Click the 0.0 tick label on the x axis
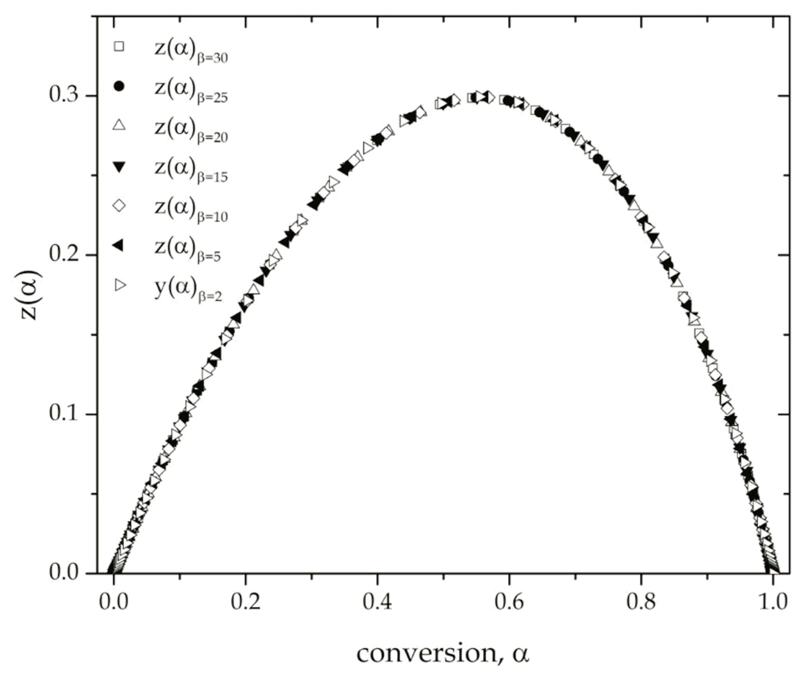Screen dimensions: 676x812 pyautogui.click(x=113, y=603)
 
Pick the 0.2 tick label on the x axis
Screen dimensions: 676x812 pyautogui.click(x=245, y=603)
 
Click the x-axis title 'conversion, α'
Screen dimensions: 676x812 pyautogui.click(x=443, y=653)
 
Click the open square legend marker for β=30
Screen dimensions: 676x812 pyautogui.click(x=119, y=47)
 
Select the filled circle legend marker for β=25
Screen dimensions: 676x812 pyautogui.click(x=119, y=87)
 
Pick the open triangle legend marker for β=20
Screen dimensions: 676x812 pyautogui.click(x=119, y=125)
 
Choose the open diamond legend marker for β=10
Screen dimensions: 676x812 pyautogui.click(x=119, y=205)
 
